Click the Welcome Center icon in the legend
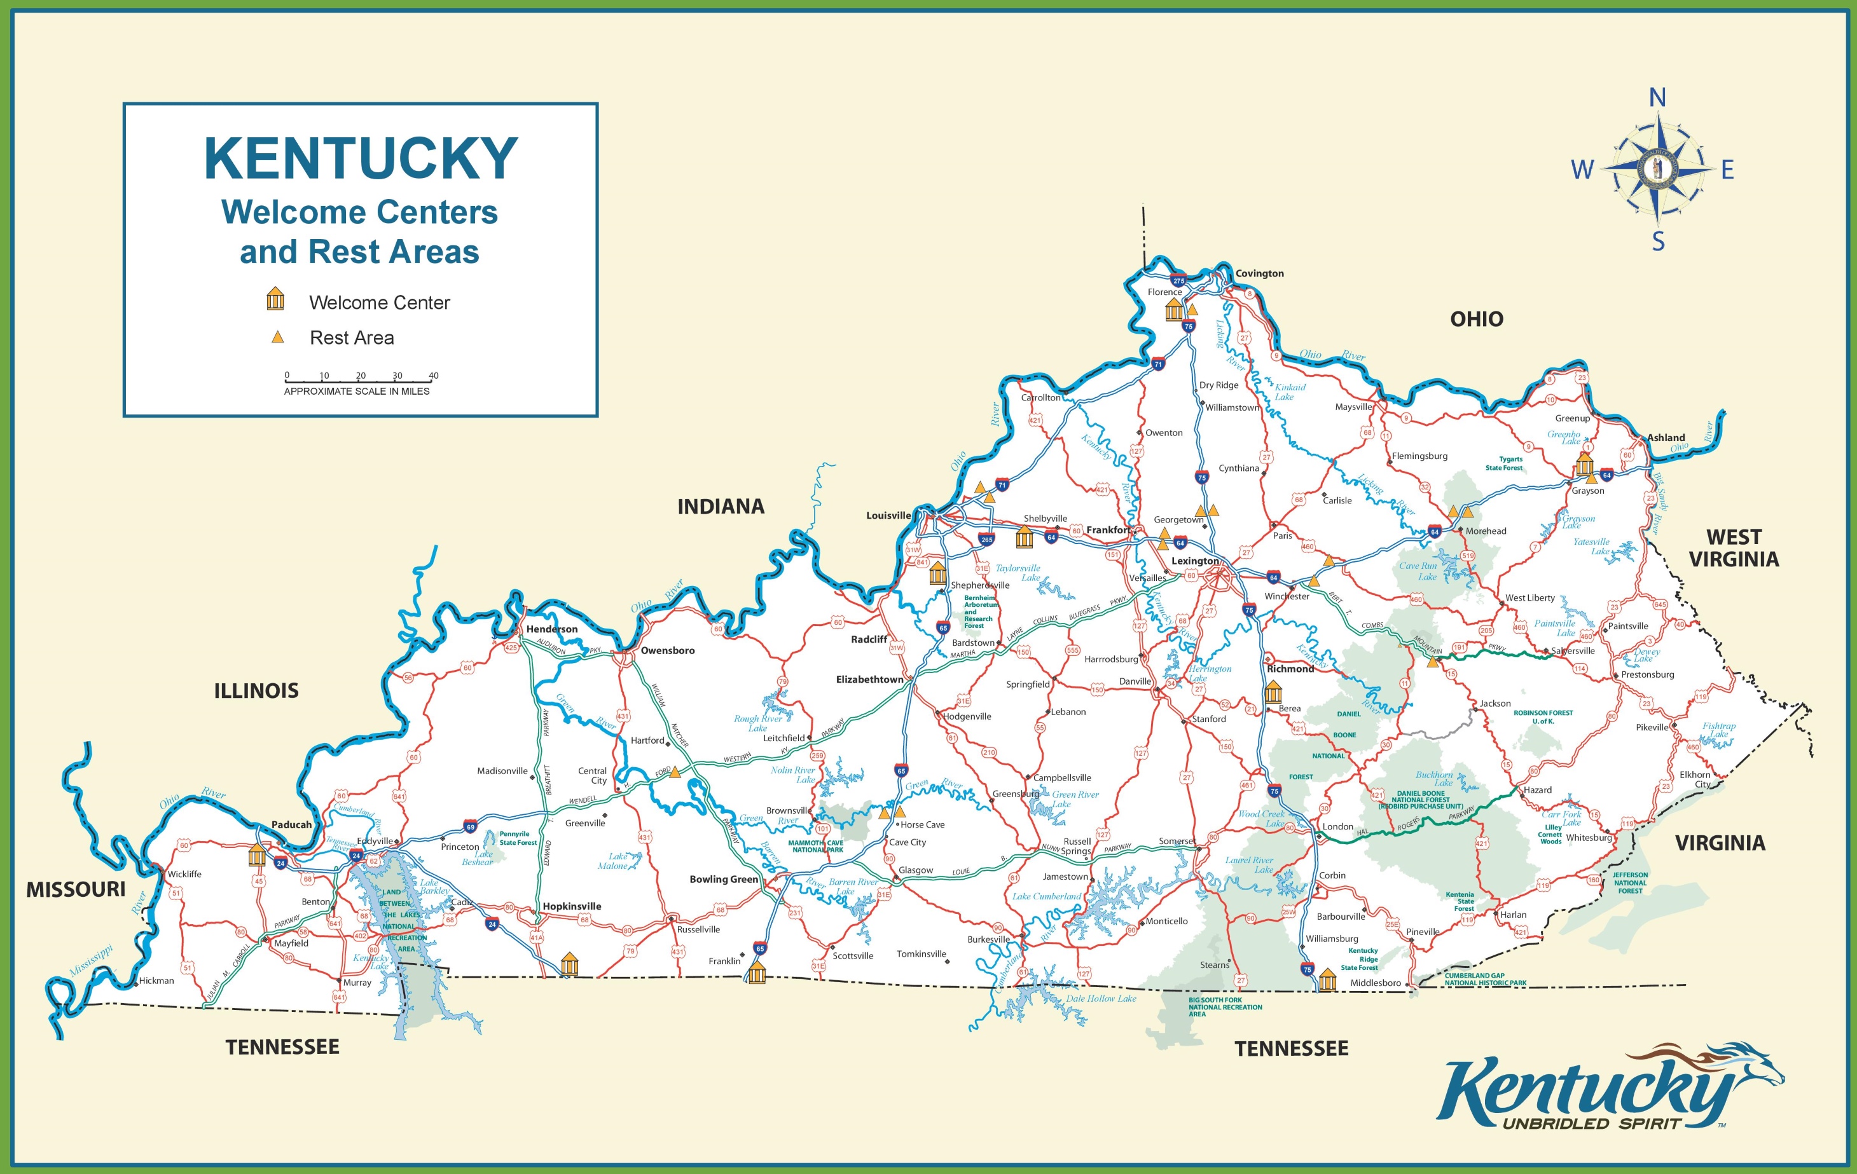pyautogui.click(x=275, y=299)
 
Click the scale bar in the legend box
pyautogui.click(x=359, y=380)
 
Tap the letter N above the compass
pyautogui.click(x=1657, y=98)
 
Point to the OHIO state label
pyautogui.click(x=1476, y=319)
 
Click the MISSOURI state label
pyautogui.click(x=76, y=889)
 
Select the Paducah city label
pyautogui.click(x=291, y=825)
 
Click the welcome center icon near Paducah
pyautogui.click(x=257, y=856)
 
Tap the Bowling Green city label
pyautogui.click(x=723, y=880)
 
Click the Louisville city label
pyautogui.click(x=888, y=515)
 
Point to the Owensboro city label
pyautogui.click(x=667, y=651)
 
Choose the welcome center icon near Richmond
pyautogui.click(x=1273, y=691)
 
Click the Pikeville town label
pyautogui.click(x=1651, y=727)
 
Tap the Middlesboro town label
pyautogui.click(x=1375, y=983)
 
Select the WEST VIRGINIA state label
pyautogui.click(x=1734, y=548)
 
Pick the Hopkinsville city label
pyautogui.click(x=572, y=906)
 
